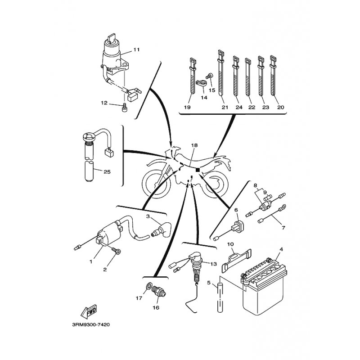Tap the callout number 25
[107, 171]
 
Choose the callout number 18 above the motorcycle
[194, 146]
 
